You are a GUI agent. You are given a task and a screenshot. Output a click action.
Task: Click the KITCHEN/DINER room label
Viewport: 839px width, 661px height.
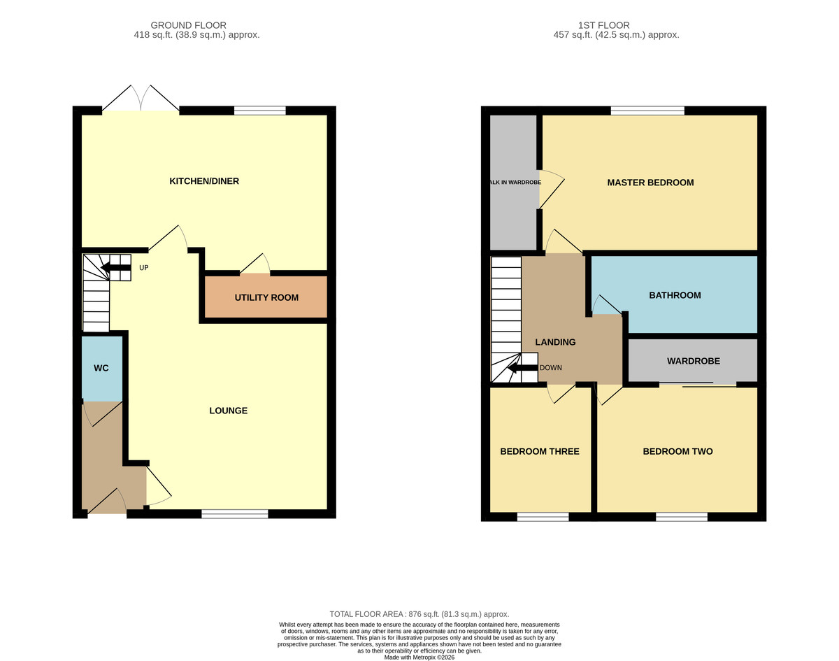tap(204, 181)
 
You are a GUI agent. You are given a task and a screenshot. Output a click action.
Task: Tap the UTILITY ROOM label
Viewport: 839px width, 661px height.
tap(266, 298)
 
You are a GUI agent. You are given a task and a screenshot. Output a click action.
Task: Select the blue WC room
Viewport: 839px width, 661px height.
tap(102, 369)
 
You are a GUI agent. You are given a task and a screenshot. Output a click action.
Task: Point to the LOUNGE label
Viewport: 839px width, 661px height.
tap(229, 411)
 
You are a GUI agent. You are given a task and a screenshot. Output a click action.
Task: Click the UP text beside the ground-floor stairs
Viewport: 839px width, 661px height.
tap(144, 268)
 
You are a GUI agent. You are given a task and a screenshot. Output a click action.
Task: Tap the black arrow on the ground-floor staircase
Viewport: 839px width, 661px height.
tap(115, 268)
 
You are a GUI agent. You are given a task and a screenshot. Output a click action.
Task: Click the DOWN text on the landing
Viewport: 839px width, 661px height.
tap(550, 367)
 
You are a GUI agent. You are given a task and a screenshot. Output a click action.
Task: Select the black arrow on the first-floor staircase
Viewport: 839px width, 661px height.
tap(522, 367)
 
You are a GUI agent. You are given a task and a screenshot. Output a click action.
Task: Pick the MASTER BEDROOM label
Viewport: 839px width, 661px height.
tap(650, 183)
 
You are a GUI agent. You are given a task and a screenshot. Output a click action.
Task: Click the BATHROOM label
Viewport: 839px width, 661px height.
tap(675, 295)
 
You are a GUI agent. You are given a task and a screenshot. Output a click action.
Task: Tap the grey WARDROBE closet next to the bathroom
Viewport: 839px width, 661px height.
tap(693, 360)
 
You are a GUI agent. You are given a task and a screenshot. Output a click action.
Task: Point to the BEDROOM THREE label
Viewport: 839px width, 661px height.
tap(540, 451)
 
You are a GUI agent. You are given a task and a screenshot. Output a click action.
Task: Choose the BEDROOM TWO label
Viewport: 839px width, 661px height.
tap(677, 451)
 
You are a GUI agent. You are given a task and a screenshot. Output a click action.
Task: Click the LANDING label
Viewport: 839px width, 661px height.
tap(555, 342)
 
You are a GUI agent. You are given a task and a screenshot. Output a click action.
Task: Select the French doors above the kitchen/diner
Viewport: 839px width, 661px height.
tap(141, 99)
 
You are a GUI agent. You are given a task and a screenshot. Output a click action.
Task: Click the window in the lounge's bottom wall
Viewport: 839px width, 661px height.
tap(235, 514)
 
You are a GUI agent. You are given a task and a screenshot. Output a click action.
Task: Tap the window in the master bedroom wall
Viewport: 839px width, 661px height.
tap(647, 111)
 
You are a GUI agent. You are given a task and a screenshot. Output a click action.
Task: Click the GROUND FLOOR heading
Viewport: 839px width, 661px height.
tap(188, 25)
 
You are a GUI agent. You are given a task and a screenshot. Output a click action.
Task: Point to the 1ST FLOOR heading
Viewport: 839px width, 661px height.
tap(603, 25)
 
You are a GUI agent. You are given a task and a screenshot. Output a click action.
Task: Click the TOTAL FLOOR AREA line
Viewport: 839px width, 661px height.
tap(419, 614)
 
